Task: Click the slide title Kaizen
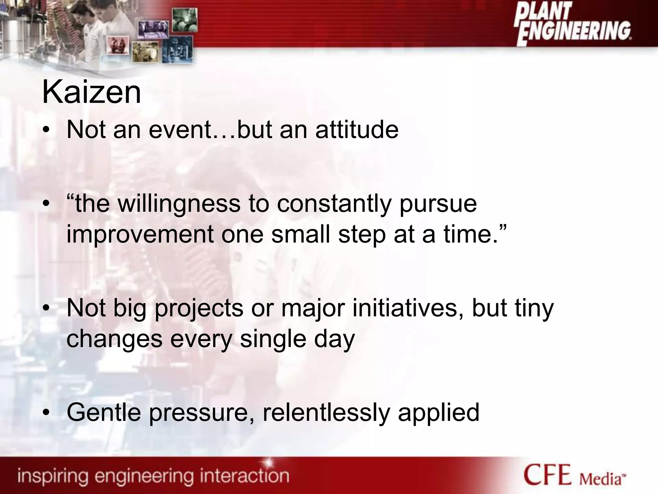click(x=92, y=93)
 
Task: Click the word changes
click(x=114, y=339)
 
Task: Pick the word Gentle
click(x=104, y=413)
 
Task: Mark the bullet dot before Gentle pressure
click(x=47, y=413)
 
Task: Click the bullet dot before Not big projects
click(x=47, y=308)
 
